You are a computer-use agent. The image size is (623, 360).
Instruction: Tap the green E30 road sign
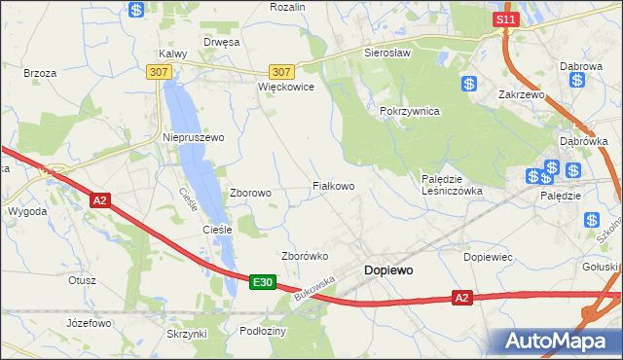click(x=261, y=282)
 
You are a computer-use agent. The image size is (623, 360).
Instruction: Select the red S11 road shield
click(x=503, y=19)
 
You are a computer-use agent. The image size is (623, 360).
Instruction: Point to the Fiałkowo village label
click(x=332, y=185)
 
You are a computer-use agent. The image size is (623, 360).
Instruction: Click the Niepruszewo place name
click(x=193, y=138)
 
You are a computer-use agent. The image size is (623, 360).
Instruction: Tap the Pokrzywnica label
click(x=410, y=112)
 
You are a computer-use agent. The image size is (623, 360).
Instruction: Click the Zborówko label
click(x=304, y=256)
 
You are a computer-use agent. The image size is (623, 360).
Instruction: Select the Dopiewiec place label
click(x=489, y=257)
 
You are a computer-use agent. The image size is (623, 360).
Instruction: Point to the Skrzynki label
click(x=187, y=334)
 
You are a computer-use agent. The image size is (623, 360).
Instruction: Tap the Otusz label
click(x=82, y=280)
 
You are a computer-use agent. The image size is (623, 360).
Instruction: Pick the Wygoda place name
click(x=27, y=211)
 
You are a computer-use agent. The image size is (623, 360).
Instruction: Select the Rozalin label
click(x=287, y=7)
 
